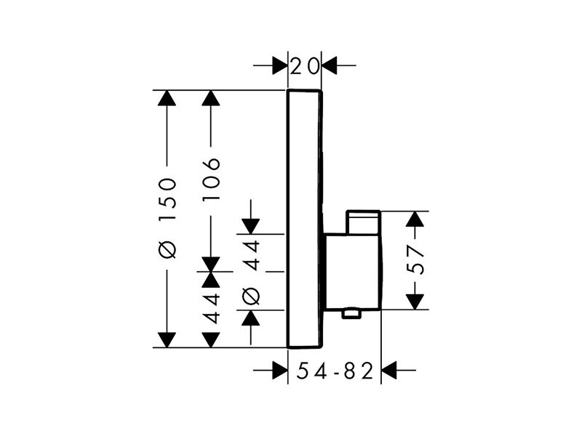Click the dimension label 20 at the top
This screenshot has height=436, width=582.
point(304,66)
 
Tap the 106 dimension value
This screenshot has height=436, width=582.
point(211,179)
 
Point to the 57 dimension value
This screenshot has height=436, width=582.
point(415,259)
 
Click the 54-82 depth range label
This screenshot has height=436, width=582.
point(335,371)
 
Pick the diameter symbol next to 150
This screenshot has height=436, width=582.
point(167,249)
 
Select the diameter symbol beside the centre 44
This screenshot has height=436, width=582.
point(250,296)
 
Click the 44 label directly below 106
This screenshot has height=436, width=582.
point(211,307)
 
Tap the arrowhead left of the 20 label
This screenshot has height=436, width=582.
point(280,65)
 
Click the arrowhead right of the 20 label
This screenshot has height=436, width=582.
point(330,65)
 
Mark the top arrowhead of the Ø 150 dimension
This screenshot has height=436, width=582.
point(167,98)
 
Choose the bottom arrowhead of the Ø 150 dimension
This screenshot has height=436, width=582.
point(167,340)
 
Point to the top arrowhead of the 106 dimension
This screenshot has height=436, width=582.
point(211,98)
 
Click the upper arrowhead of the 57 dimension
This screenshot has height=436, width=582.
point(415,219)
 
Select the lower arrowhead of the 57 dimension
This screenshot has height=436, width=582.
point(415,302)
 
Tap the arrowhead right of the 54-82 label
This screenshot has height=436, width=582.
point(389,370)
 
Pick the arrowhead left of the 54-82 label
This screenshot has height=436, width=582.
point(280,370)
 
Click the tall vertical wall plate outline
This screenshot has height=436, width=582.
point(287,219)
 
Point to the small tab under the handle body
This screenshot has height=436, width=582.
point(351,314)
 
